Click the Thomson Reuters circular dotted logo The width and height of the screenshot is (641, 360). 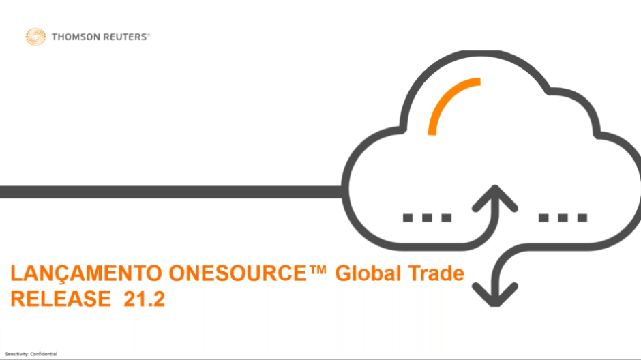point(35,37)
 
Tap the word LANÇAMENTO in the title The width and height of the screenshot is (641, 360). point(86,274)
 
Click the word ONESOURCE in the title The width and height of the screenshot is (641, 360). point(238,273)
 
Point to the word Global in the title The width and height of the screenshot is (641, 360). point(368,273)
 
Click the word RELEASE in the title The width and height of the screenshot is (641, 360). point(61,299)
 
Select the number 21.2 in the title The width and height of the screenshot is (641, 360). point(145,299)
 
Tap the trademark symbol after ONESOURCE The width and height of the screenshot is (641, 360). point(318,270)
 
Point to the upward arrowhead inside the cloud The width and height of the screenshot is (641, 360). point(495,198)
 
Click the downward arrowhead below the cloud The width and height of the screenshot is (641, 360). point(495,295)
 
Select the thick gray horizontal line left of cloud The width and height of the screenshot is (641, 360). point(171,192)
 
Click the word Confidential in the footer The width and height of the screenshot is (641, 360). point(44,354)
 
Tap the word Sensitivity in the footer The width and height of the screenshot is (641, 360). point(17,354)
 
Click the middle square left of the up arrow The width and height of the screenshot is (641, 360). point(427,217)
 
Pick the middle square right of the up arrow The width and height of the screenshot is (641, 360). point(563,217)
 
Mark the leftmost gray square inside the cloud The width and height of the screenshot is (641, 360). point(408,217)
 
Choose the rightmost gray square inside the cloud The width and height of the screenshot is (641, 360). point(582,217)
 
